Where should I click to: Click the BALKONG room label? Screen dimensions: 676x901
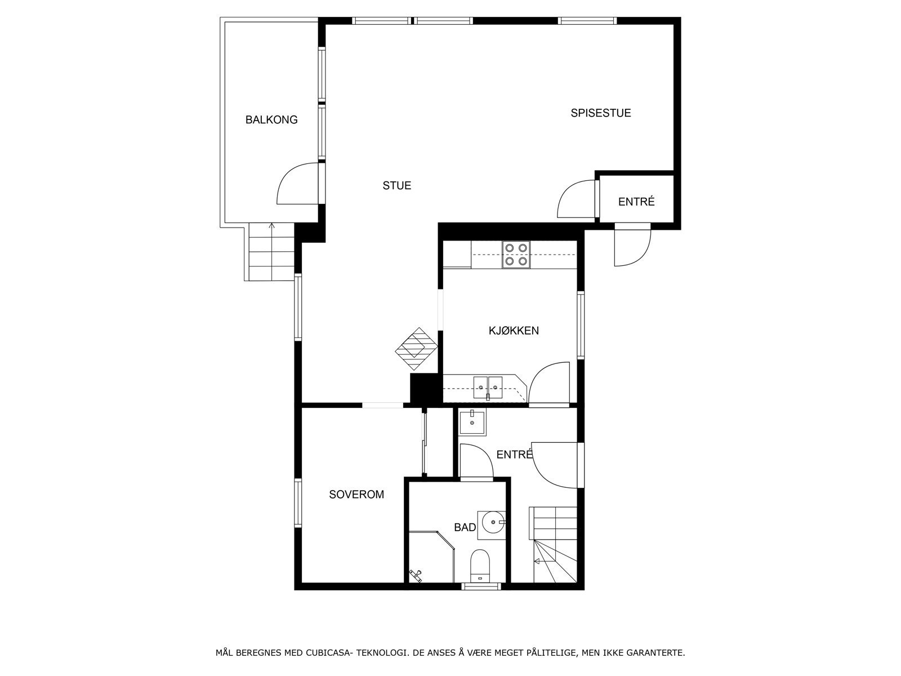(271, 120)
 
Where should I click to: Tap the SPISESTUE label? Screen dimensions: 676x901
(600, 113)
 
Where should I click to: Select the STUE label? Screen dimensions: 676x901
(396, 185)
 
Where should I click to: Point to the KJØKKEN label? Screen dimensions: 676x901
(513, 331)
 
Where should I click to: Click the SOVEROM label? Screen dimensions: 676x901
(356, 495)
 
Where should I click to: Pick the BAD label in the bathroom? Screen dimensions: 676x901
(465, 528)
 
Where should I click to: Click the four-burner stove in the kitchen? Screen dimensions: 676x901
(516, 254)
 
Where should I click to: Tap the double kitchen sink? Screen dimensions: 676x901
(488, 386)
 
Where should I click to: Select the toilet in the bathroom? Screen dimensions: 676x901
(480, 565)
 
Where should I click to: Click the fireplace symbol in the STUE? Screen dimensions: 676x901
(416, 349)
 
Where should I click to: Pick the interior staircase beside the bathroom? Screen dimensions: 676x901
(554, 544)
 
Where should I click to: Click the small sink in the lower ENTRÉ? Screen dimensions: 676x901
(472, 422)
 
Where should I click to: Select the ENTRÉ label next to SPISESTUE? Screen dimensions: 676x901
(636, 202)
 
